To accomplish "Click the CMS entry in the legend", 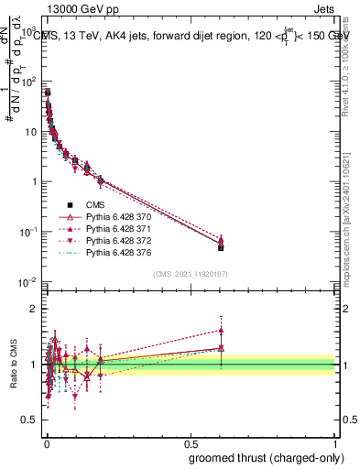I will [95, 205].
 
